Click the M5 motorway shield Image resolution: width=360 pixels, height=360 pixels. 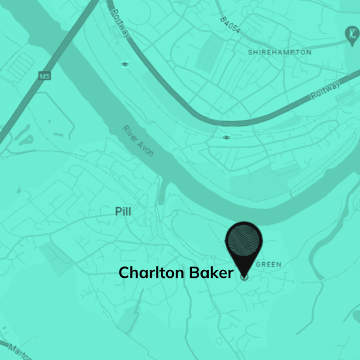click(43, 76)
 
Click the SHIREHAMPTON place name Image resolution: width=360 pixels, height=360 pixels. click(280, 52)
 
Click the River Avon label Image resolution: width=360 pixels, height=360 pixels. click(139, 142)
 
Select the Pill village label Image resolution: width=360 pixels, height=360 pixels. click(122, 212)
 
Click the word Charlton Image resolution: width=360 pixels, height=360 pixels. click(151, 273)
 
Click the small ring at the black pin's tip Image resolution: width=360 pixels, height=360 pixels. click(244, 277)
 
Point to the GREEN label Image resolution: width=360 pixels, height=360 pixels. click(268, 264)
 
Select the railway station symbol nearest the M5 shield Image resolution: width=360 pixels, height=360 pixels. click(125, 64)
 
